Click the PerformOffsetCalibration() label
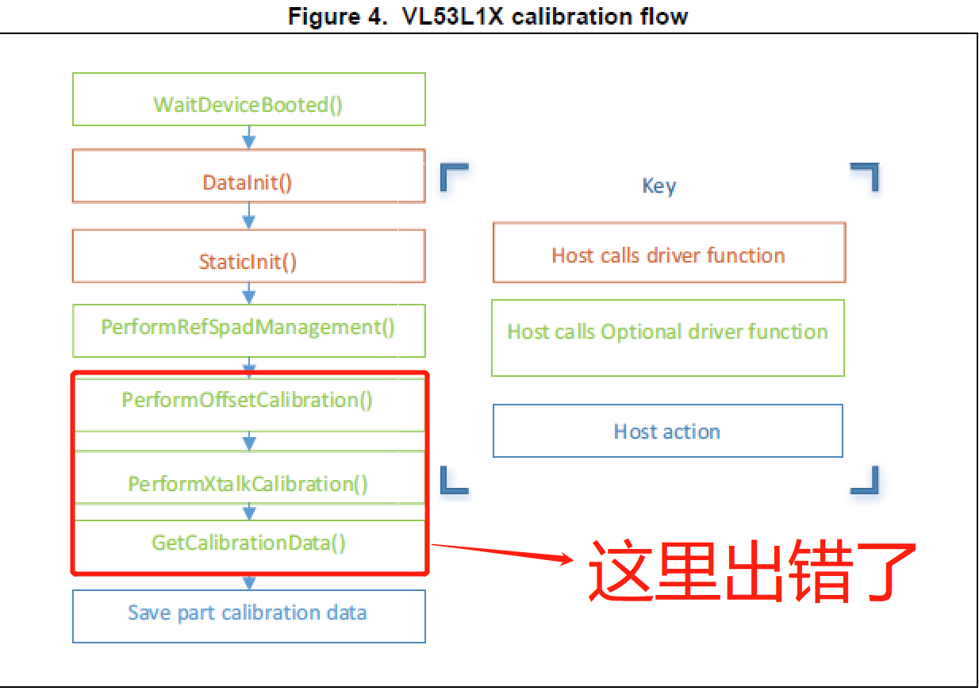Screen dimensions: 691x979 click(248, 400)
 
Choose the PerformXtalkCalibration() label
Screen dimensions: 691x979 click(248, 484)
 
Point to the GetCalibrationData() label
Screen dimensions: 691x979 click(248, 543)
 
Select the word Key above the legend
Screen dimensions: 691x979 click(659, 186)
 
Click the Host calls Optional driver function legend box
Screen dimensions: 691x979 click(667, 337)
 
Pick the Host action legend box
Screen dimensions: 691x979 click(667, 432)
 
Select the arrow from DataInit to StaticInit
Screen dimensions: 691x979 click(248, 216)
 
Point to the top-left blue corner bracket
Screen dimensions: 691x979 click(452, 176)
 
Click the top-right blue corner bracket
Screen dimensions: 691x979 click(866, 176)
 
